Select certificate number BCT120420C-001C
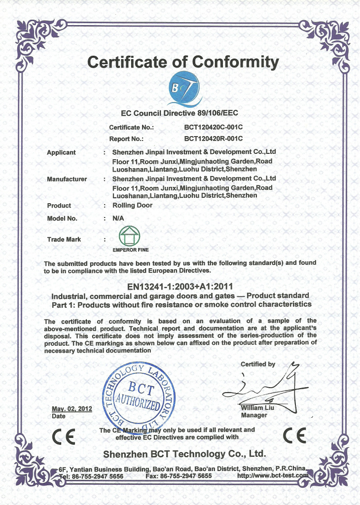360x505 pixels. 213,127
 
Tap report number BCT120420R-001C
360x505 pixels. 213,139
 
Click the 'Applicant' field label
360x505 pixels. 61,152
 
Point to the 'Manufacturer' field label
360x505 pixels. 67,179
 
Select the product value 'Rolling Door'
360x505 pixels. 133,205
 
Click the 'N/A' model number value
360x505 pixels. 118,218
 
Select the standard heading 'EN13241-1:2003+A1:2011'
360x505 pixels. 180,286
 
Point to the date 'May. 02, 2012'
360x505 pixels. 72,409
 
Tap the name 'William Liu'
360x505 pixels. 258,408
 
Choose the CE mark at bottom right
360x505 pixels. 294,435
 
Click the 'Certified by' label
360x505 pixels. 258,364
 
